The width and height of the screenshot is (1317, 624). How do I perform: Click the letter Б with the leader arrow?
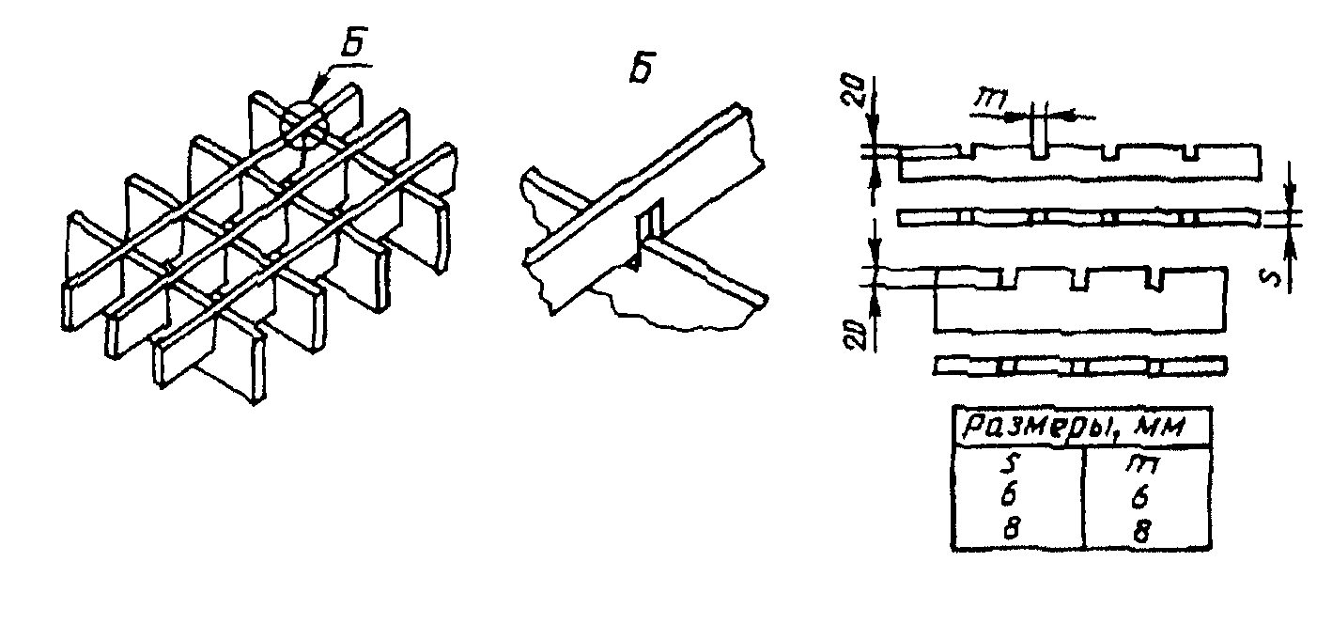(352, 42)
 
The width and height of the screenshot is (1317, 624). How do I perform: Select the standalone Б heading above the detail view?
(642, 69)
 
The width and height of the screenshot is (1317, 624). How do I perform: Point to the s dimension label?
(1272, 277)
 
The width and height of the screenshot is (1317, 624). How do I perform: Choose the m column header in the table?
(1142, 464)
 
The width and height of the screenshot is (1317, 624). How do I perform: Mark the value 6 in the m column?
(1139, 497)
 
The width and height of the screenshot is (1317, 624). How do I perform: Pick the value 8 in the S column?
(1010, 529)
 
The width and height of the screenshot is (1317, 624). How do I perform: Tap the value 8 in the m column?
(1140, 531)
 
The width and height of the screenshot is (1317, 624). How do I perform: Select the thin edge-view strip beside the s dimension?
(1079, 218)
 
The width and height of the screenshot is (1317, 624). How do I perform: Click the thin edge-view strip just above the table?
(1080, 366)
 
